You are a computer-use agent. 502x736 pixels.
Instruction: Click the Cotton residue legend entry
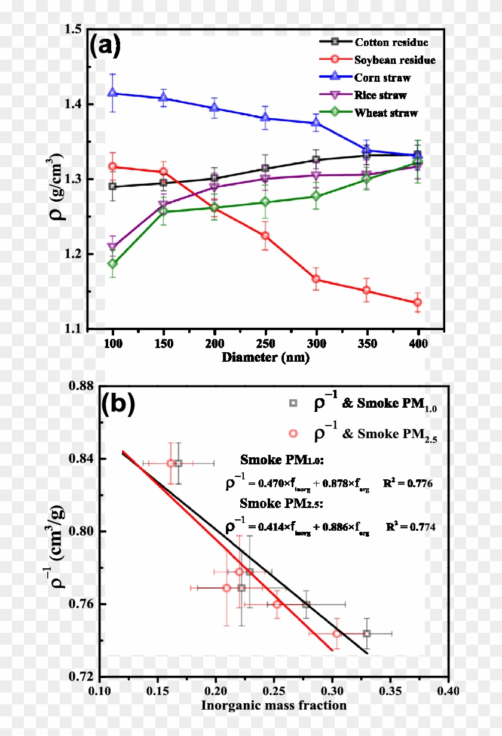(391, 42)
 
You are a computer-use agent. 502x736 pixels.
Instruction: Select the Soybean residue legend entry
(394, 60)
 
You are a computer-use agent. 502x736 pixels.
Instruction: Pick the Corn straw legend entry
(382, 78)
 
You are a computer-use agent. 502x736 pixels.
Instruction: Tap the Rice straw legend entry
(380, 95)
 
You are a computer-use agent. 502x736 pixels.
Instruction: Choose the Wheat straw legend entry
(385, 113)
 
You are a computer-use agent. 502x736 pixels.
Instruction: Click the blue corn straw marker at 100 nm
(113, 93)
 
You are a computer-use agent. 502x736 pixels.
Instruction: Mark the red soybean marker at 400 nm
(418, 303)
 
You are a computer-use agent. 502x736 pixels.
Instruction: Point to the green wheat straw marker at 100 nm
(113, 263)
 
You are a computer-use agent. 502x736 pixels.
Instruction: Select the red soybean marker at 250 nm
(265, 236)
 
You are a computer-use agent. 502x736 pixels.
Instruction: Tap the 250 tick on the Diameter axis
(265, 344)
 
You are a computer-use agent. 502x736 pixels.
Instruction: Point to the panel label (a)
(105, 46)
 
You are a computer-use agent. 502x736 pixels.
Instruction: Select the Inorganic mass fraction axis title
(274, 706)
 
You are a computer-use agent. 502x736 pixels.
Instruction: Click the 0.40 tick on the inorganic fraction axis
(448, 691)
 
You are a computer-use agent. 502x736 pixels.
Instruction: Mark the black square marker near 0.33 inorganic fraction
(367, 633)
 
